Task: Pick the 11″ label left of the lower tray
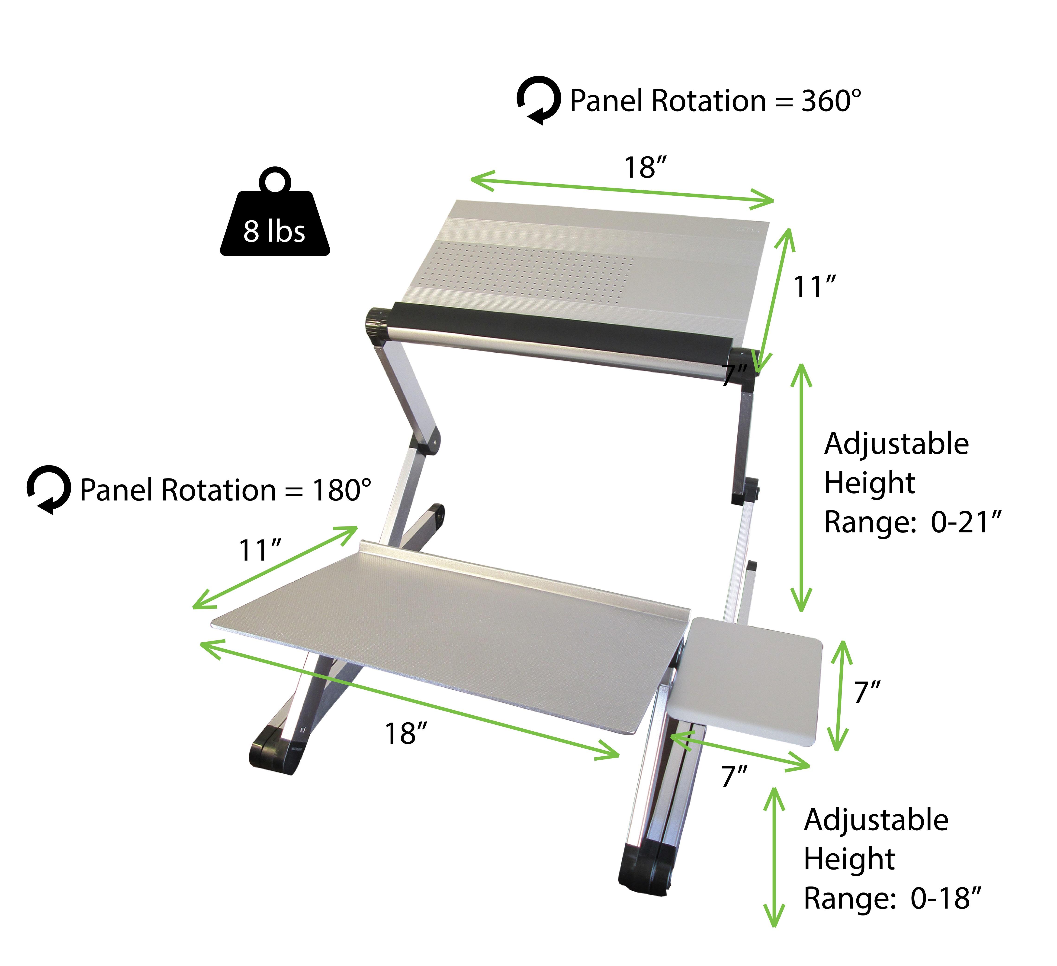(260, 550)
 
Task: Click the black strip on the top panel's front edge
(561, 330)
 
